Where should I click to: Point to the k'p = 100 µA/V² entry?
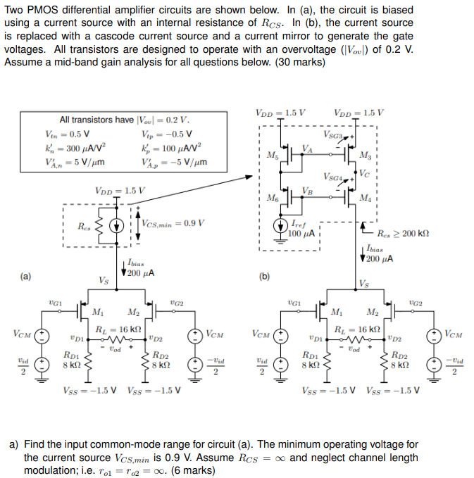point(171,149)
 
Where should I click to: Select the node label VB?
point(308,190)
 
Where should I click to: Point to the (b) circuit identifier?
point(264,277)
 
